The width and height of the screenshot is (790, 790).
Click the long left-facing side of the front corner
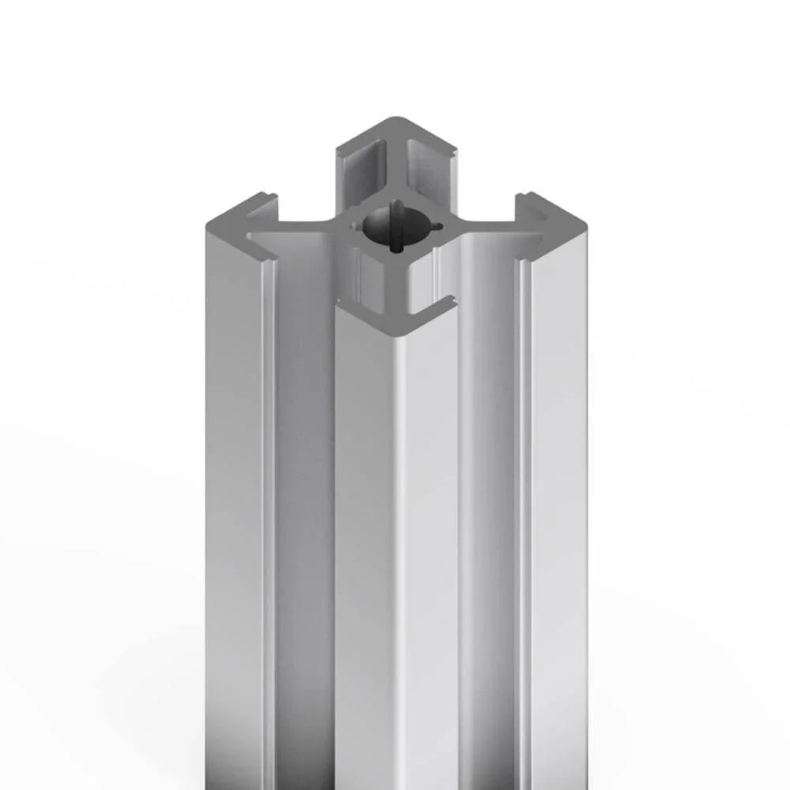pyautogui.click(x=363, y=513)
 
